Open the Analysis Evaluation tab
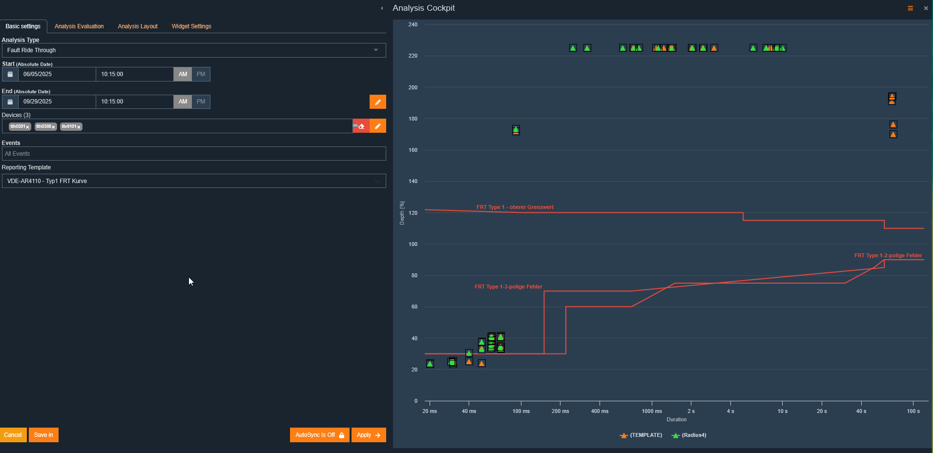(x=79, y=26)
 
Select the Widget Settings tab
(x=191, y=26)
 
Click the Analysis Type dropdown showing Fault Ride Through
(x=194, y=50)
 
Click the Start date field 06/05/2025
(x=57, y=74)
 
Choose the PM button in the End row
(x=201, y=102)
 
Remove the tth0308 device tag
(x=54, y=127)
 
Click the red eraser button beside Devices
(x=361, y=126)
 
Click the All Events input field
(x=194, y=154)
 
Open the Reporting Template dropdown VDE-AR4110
(x=194, y=181)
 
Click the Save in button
(x=43, y=435)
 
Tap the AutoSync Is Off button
(x=319, y=435)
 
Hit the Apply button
(x=369, y=435)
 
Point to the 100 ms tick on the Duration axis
(x=521, y=411)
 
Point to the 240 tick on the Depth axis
(x=413, y=24)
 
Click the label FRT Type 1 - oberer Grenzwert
(x=515, y=207)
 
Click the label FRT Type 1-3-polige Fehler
(x=508, y=287)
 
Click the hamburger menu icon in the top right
(x=910, y=8)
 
